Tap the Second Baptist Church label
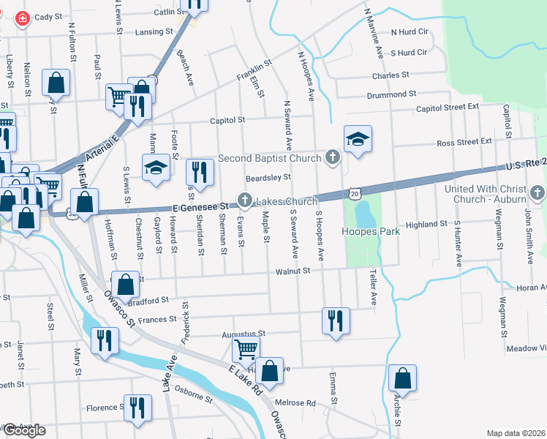269,158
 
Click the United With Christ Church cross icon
538,192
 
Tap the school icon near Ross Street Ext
358,139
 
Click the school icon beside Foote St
155,169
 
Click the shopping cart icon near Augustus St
246,349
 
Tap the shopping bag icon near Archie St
402,378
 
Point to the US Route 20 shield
355,193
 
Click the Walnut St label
293,271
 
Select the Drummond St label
391,94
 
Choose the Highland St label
426,224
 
